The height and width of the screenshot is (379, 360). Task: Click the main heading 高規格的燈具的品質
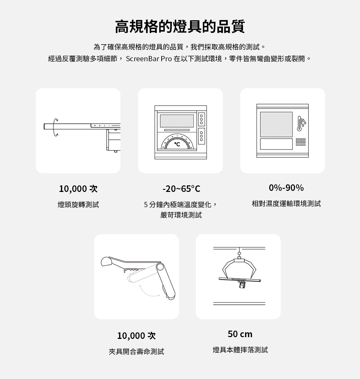180,27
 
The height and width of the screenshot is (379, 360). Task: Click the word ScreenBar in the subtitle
142,58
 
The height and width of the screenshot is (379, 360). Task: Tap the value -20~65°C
181,189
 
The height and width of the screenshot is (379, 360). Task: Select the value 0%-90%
286,188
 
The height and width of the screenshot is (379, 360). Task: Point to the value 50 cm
240,334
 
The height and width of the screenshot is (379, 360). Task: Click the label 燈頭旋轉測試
78,205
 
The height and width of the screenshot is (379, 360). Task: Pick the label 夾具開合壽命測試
136,352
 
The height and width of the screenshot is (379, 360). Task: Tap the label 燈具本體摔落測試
240,350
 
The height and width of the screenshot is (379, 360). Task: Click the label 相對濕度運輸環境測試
286,204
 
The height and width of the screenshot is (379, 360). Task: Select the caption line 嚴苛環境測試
181,215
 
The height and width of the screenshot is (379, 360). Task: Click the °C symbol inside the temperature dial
177,144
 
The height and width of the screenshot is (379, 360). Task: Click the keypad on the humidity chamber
300,142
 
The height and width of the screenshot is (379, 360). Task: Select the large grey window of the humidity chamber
276,124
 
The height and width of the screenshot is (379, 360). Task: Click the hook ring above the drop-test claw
239,253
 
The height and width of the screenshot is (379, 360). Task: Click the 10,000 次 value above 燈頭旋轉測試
78,189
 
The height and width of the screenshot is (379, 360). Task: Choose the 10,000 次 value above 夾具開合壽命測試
136,336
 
